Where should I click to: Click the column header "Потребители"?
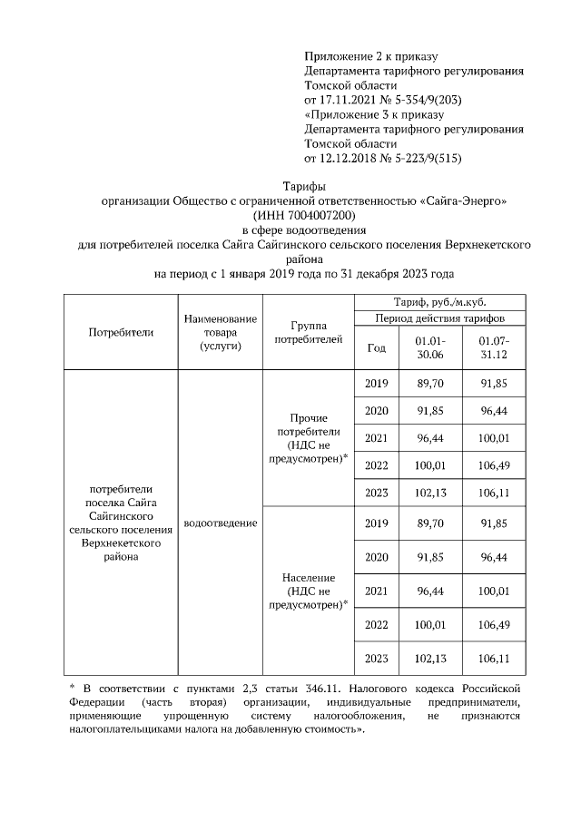point(121,332)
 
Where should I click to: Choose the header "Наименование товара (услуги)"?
point(220,332)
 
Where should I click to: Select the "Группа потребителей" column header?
point(310,332)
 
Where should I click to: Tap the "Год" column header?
point(376,347)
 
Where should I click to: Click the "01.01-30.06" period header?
point(429,347)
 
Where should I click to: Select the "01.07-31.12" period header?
point(494,347)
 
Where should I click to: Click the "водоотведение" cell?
point(220,523)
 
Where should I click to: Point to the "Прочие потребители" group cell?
point(310,439)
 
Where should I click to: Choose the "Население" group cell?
point(310,591)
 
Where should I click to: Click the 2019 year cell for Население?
point(376,523)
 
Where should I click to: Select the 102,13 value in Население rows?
point(429,658)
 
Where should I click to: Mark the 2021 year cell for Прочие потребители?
point(376,438)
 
